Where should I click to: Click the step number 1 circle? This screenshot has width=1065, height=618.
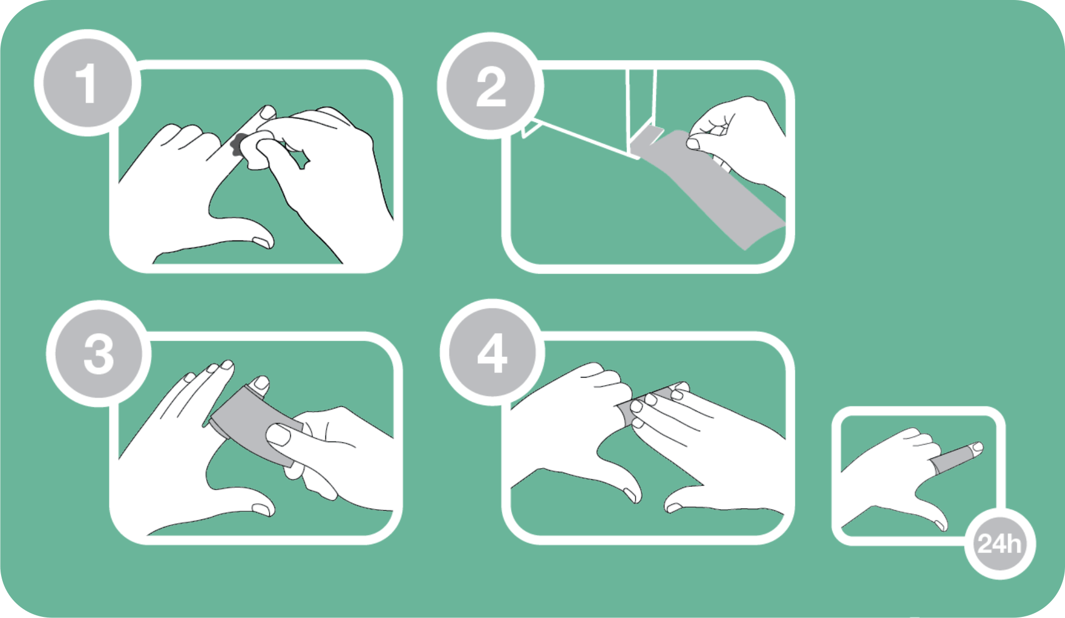pyautogui.click(x=87, y=83)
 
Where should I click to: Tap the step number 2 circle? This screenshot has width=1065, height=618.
pyautogui.click(x=491, y=86)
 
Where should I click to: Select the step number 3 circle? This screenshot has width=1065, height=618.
pyautogui.click(x=99, y=354)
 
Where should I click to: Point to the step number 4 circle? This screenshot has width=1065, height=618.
pyautogui.click(x=493, y=353)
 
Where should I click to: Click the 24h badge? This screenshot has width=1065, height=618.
pyautogui.click(x=1000, y=544)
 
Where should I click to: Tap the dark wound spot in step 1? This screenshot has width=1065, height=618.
pyautogui.click(x=237, y=144)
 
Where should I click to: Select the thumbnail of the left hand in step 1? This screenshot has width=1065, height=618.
pyautogui.click(x=262, y=242)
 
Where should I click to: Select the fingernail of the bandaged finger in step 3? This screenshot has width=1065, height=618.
pyautogui.click(x=261, y=383)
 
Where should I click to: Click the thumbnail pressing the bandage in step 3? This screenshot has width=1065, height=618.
pyautogui.click(x=278, y=435)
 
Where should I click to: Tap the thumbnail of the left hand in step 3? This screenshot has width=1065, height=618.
pyautogui.click(x=263, y=510)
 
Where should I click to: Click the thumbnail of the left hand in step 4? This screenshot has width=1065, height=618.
pyautogui.click(x=630, y=494)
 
